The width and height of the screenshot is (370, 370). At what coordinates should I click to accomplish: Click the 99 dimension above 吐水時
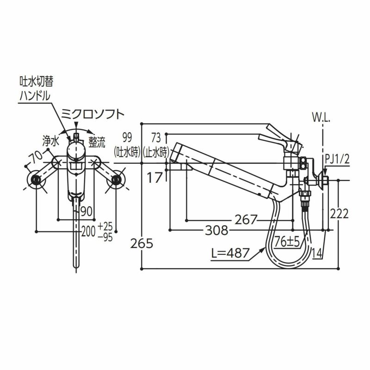[x=127, y=137]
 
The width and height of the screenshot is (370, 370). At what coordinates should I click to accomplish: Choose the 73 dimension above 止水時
[x=155, y=137]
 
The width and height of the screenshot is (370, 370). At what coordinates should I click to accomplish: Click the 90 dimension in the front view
[x=85, y=211]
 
